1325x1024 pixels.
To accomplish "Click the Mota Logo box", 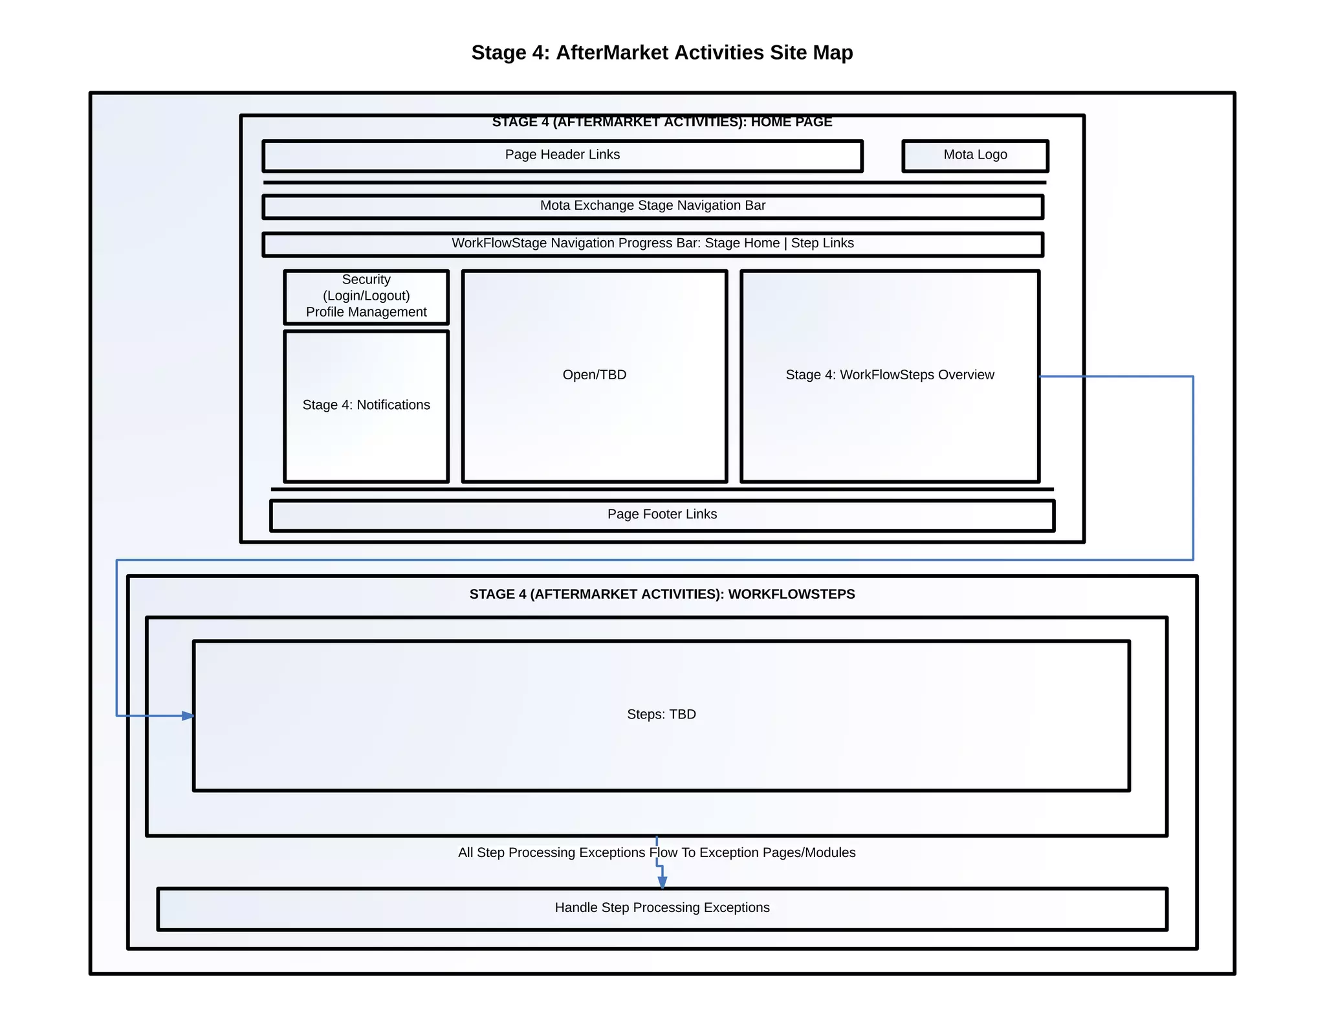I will click(x=974, y=155).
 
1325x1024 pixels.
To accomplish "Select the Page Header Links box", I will click(x=562, y=155).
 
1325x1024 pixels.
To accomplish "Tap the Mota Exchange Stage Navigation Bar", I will click(x=652, y=206).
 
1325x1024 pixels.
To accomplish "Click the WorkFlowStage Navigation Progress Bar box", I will click(x=652, y=244).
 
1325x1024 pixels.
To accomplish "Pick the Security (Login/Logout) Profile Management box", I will click(x=366, y=296).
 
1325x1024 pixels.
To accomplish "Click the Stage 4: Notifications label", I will click(x=366, y=405).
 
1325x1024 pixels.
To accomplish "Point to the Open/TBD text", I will click(x=594, y=375).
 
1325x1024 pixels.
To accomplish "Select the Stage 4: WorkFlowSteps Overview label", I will click(x=889, y=375).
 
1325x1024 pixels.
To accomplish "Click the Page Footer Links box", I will click(x=662, y=515).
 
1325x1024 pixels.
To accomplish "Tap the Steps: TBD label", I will click(x=661, y=715).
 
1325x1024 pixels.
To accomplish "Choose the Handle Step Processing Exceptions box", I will click(x=662, y=908).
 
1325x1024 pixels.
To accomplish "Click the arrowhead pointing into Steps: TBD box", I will click(x=188, y=716).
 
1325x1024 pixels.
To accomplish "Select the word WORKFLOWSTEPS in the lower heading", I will click(x=791, y=594).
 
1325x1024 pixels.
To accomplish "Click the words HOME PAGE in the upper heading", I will click(x=791, y=122).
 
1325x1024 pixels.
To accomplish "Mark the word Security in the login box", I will click(x=366, y=280).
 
